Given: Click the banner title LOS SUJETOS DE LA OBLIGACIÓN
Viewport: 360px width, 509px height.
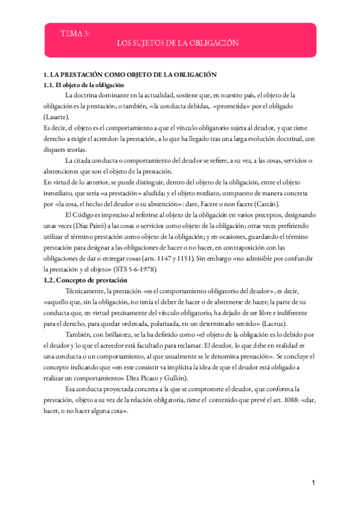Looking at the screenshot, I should pos(177,43).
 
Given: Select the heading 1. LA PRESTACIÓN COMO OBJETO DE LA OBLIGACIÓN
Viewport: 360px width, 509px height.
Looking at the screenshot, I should pos(130,75).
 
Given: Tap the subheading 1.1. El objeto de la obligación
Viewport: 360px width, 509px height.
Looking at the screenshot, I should pos(84,85).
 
